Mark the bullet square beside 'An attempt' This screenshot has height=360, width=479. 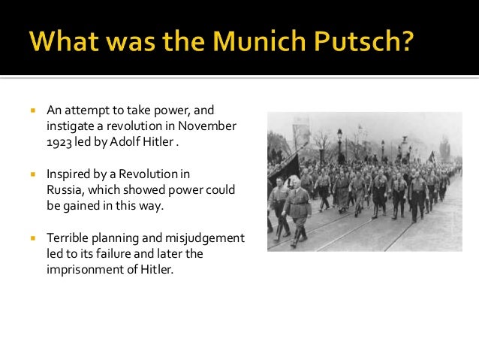pyautogui.click(x=32, y=110)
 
